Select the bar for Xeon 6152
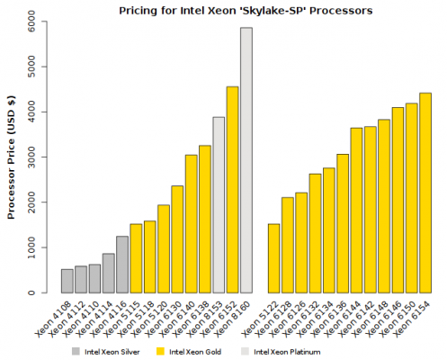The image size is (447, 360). tap(232, 189)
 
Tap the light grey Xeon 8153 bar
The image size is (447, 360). tap(219, 205)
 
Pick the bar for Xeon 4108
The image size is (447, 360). tap(67, 281)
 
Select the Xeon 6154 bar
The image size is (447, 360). tap(425, 193)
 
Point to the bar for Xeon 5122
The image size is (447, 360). tap(273, 258)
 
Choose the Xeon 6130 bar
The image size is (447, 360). tap(177, 239)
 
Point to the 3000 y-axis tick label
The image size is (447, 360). tap(32, 157)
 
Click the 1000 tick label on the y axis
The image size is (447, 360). tap(32, 247)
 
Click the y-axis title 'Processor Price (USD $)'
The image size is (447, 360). tap(12, 157)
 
